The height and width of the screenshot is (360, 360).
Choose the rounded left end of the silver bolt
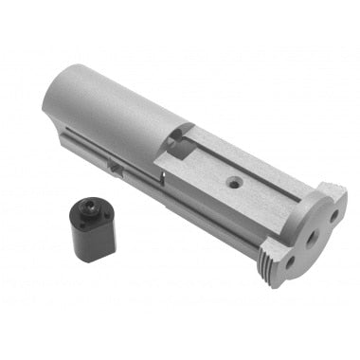point(52,99)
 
